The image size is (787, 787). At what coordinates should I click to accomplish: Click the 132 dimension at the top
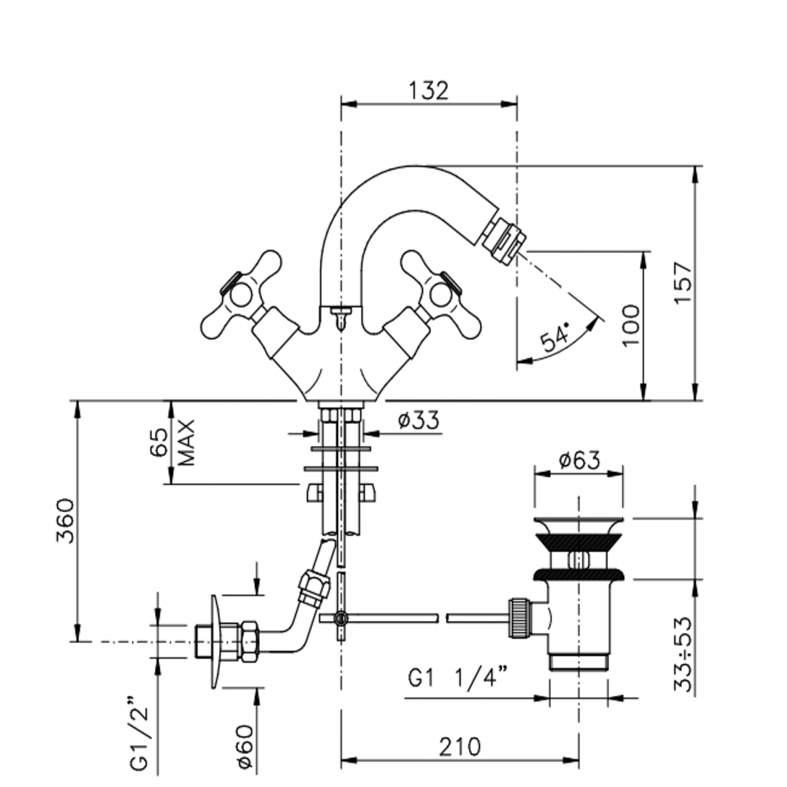429,91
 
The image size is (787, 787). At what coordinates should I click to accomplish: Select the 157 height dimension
682,283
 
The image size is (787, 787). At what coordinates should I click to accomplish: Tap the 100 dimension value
630,325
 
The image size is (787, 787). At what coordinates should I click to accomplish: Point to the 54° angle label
556,339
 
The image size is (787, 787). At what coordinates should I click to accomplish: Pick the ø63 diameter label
579,461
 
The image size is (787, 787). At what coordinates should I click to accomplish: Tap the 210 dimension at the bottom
460,746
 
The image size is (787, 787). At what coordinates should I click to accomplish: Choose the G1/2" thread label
139,739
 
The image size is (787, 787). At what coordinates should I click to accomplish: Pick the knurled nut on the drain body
519,617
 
